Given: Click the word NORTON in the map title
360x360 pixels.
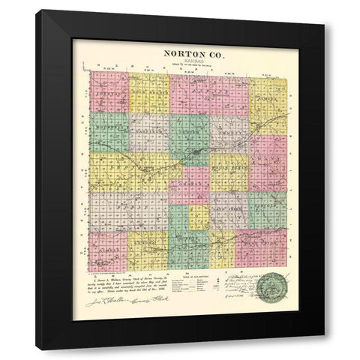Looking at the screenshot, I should click(169, 54).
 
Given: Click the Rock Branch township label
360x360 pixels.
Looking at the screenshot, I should click(148, 91).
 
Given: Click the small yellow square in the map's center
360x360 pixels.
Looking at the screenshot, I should click(199, 217).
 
